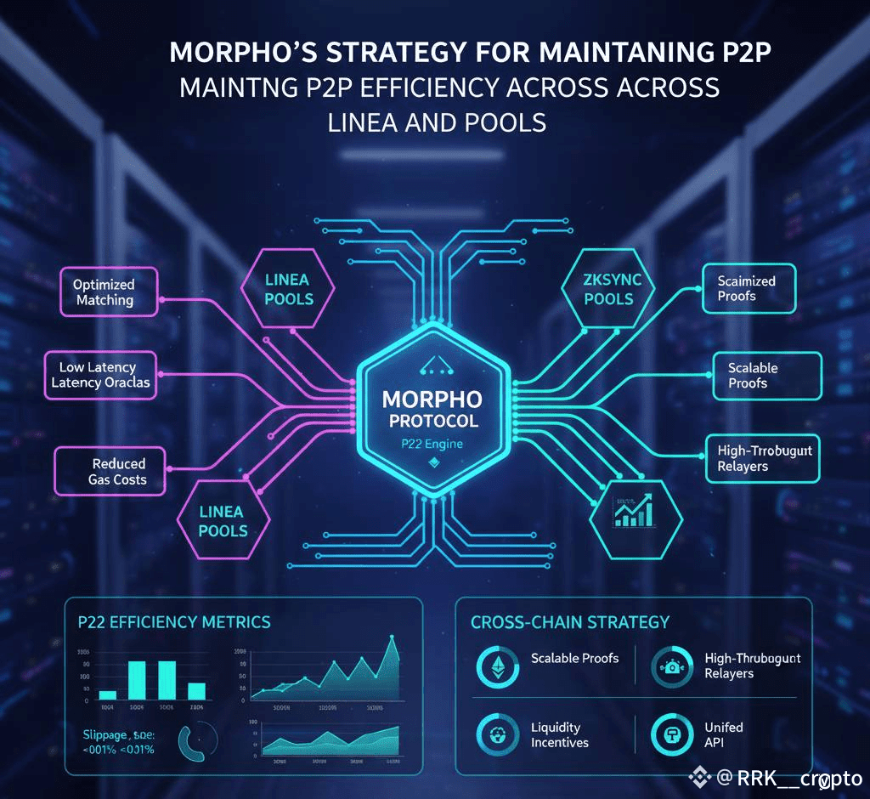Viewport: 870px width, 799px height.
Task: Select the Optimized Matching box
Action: pyautogui.click(x=104, y=292)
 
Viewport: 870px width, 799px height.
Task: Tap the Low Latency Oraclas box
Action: pyautogui.click(x=99, y=375)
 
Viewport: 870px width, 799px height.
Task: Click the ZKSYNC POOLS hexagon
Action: pyautogui.click(x=608, y=289)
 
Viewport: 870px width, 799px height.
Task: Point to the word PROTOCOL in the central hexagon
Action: pyautogui.click(x=432, y=421)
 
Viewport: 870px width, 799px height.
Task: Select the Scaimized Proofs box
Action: pyautogui.click(x=747, y=288)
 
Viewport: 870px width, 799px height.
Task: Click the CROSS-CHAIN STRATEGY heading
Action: pyautogui.click(x=570, y=622)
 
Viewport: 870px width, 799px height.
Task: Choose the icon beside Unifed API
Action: pyautogui.click(x=669, y=734)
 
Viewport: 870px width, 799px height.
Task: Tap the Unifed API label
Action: pyautogui.click(x=723, y=734)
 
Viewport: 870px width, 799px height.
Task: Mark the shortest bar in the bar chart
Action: pyautogui.click(x=107, y=694)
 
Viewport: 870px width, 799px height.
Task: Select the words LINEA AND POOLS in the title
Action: pyautogui.click(x=436, y=122)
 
